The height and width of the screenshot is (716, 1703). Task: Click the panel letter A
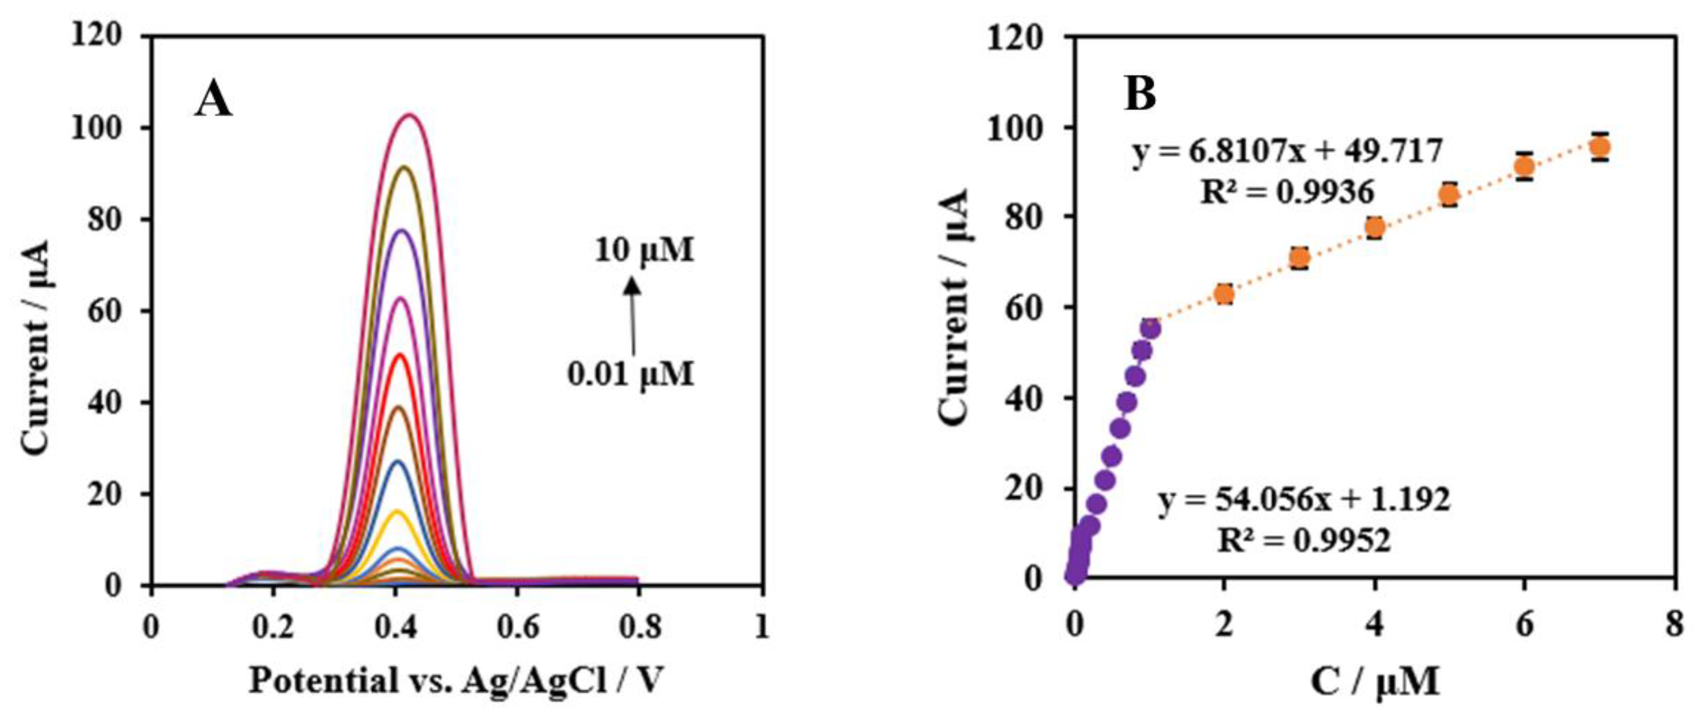click(213, 102)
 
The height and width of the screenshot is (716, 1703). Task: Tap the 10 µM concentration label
click(644, 251)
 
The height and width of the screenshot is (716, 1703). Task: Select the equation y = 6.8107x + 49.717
click(1287, 152)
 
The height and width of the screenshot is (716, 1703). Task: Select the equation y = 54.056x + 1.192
click(1304, 500)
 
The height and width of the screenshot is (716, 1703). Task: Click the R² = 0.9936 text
click(1287, 192)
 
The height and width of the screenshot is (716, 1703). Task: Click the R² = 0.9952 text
click(1304, 540)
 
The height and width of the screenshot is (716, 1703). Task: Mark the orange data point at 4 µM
click(1375, 227)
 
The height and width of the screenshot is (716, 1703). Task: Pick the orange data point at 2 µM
click(1225, 294)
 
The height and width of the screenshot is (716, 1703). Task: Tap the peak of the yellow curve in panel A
click(397, 511)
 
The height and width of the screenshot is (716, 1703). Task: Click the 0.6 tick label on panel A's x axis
click(518, 626)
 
